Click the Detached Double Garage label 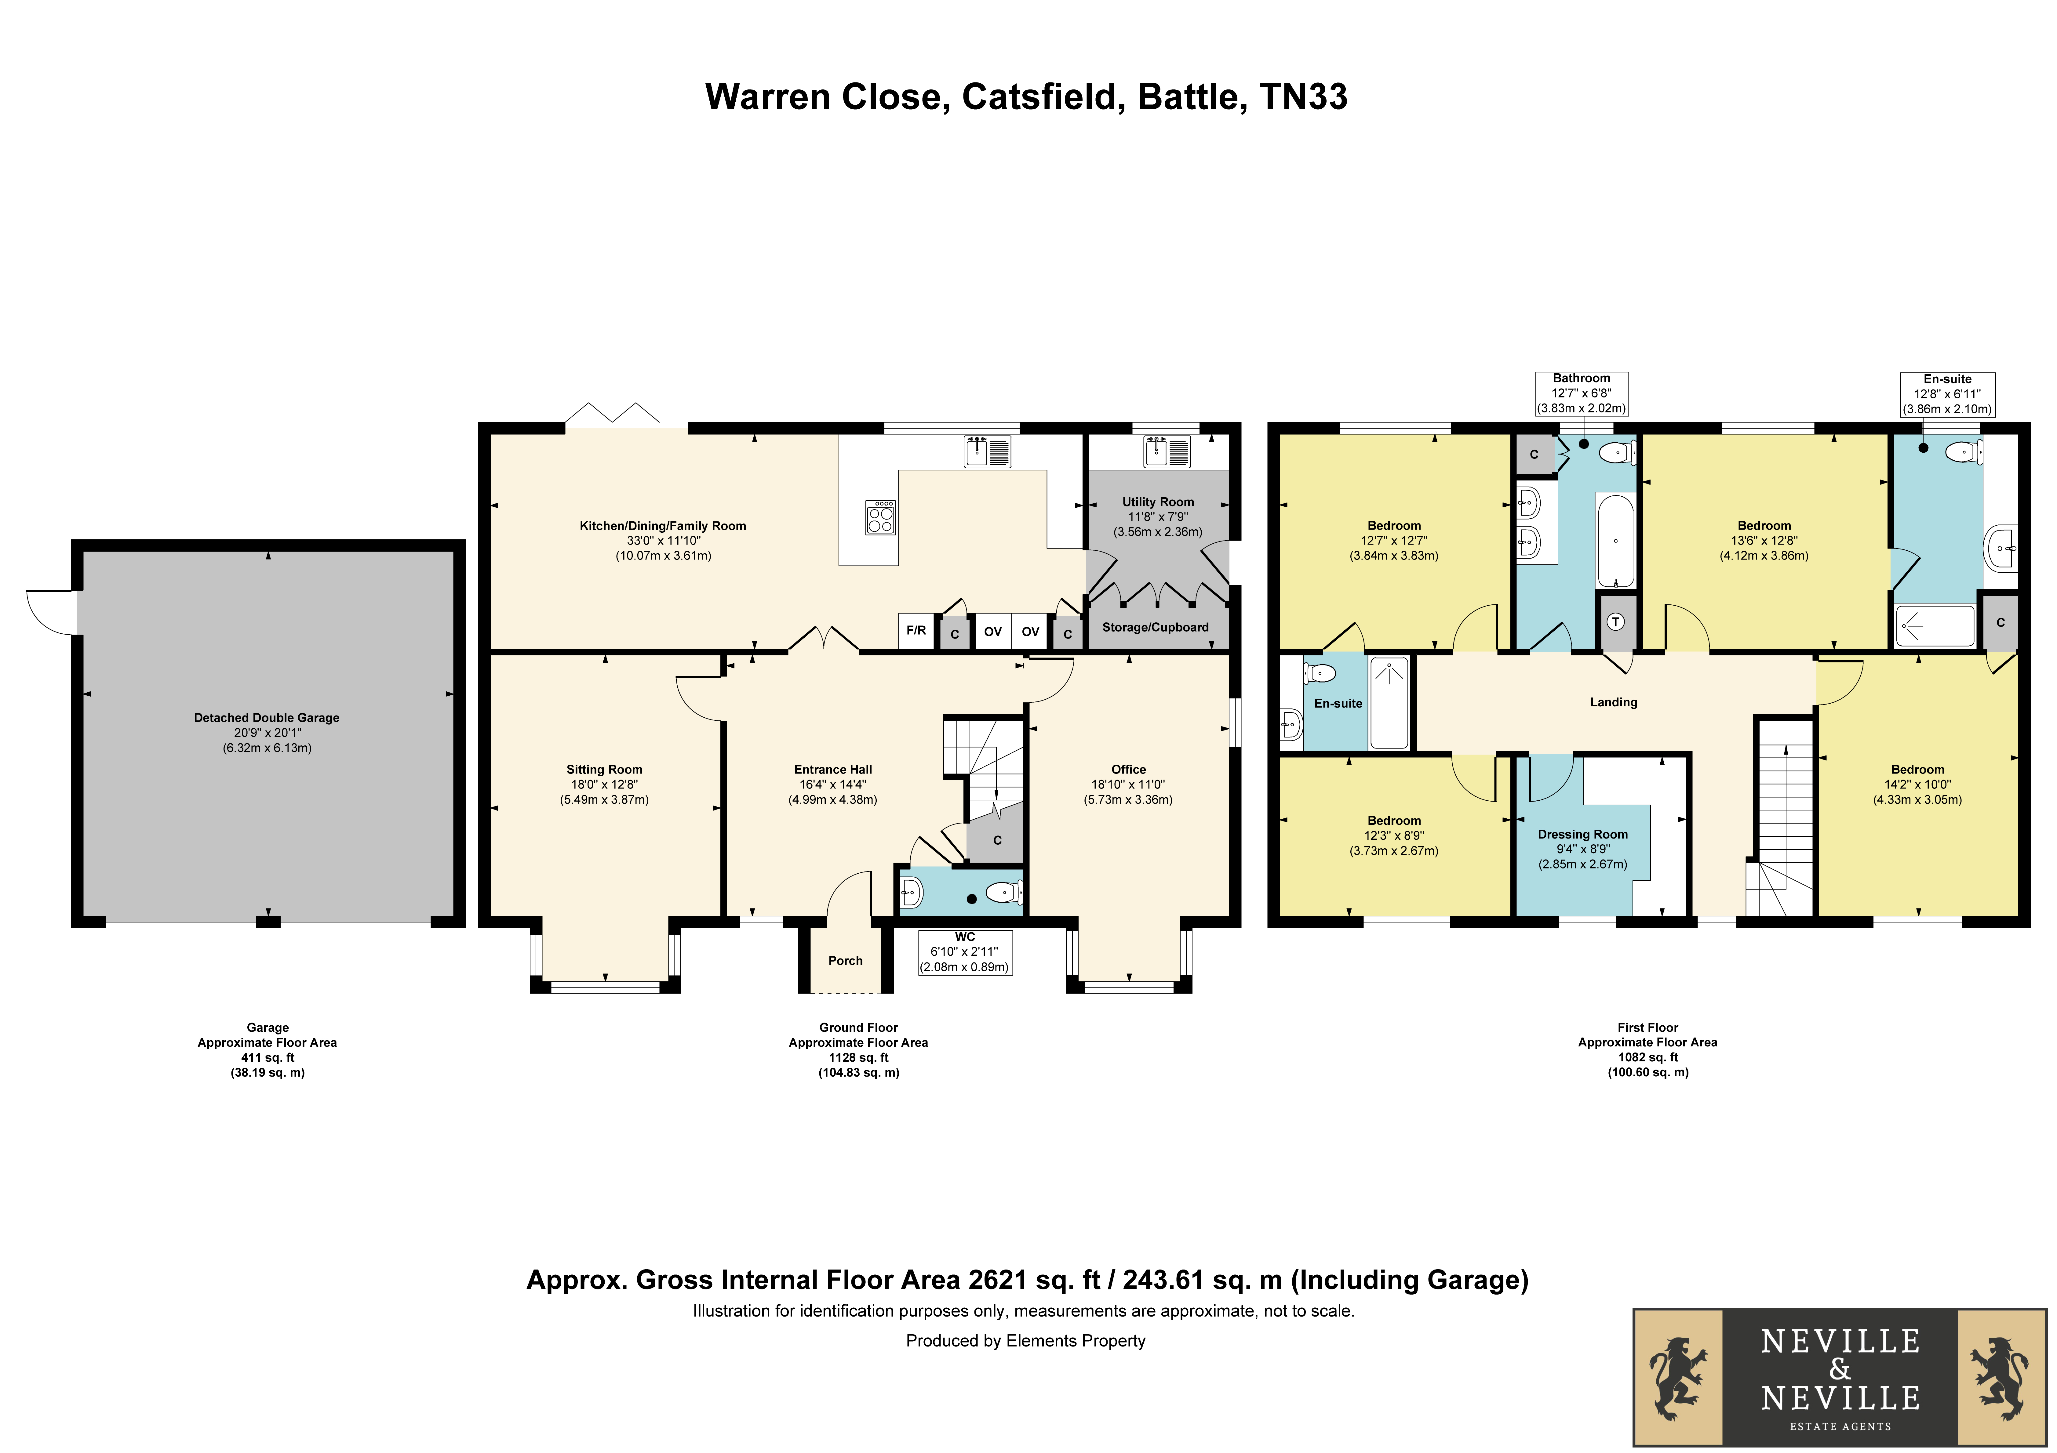pyautogui.click(x=267, y=718)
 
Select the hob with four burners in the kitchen pyautogui.click(x=881, y=517)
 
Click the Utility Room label pyautogui.click(x=1157, y=502)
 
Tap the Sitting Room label pyautogui.click(x=605, y=770)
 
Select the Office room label pyautogui.click(x=1129, y=770)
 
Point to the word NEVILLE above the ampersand pyautogui.click(x=1840, y=1341)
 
